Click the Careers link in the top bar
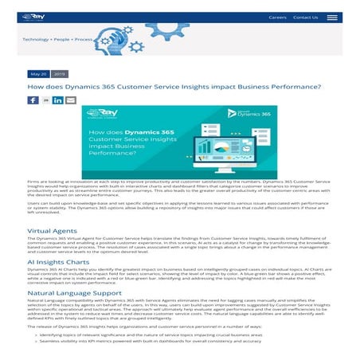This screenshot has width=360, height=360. (277, 17)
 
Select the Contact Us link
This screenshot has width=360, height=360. (305, 17)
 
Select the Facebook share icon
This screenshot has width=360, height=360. (33, 100)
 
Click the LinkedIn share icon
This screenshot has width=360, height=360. (58, 100)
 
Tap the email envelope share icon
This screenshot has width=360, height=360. (71, 100)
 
